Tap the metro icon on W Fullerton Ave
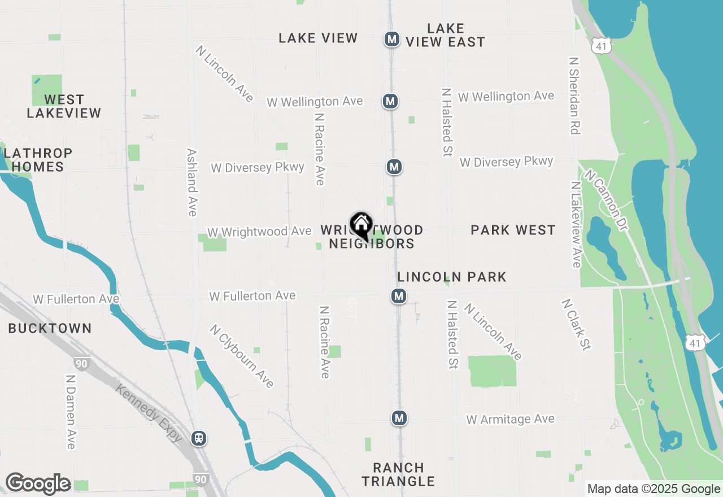(399, 296)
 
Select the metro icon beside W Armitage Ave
(399, 418)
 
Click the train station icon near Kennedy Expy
(198, 438)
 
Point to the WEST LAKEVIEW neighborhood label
(64, 106)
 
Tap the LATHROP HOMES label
(38, 160)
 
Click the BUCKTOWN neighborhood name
(50, 328)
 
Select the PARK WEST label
(513, 230)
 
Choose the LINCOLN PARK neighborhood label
(452, 277)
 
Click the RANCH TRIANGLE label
(398, 474)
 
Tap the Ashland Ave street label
(192, 182)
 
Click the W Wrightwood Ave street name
(259, 232)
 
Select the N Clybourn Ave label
(242, 356)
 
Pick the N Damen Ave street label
(71, 412)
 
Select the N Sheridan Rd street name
(574, 95)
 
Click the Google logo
(38, 484)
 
